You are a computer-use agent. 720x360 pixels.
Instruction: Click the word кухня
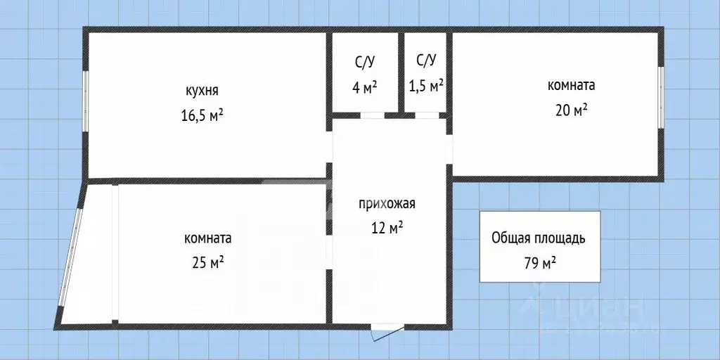click(202, 91)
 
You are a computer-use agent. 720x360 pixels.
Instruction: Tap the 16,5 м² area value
click(202, 114)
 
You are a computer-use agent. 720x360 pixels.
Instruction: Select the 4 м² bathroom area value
click(364, 86)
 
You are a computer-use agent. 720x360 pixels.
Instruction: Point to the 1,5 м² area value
click(426, 86)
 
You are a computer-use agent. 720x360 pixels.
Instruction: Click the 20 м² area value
click(571, 110)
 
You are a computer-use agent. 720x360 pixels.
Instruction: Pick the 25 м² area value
click(207, 262)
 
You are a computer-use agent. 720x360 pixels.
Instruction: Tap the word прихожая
click(387, 205)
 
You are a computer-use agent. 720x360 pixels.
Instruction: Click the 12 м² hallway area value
click(387, 227)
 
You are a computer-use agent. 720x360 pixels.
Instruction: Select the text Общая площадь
click(538, 238)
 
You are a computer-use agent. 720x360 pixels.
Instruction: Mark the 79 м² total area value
click(539, 264)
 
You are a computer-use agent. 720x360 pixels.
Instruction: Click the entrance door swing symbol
click(385, 333)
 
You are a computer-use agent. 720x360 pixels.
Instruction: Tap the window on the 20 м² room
click(661, 97)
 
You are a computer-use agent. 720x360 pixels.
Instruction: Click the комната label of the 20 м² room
click(571, 85)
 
